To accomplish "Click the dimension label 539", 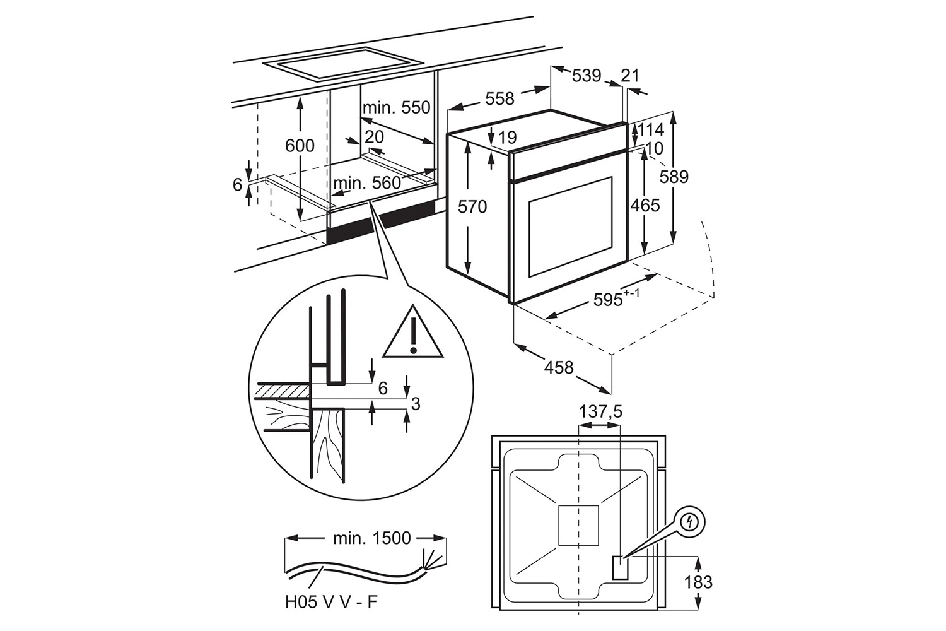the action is pos(587,76).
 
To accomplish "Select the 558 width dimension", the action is pos(499,99).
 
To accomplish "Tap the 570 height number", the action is pos(472,207).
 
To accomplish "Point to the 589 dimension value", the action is pos(674,177).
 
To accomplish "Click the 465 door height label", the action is pos(645,206).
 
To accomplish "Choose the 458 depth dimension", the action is pos(559,368).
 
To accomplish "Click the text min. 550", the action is pos(396,107).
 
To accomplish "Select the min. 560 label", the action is pos(366,183).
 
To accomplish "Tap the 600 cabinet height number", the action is pos(300,146).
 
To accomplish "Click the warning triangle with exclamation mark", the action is pos(412,331).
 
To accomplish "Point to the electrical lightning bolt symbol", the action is pos(691,522).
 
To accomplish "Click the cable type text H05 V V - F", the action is pos(331,602).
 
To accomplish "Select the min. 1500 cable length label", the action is pos(371,538).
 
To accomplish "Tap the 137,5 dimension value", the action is pos(600,411).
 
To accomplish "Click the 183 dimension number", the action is pos(698,582).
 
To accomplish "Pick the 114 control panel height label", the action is pos(650,130).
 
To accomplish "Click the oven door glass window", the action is pos(570,227).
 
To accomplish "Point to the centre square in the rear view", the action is pos(578,526).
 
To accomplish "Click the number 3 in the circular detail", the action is pos(416,404).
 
